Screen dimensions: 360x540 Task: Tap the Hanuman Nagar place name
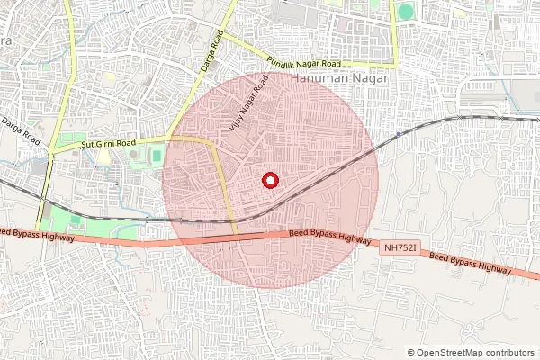(x=340, y=79)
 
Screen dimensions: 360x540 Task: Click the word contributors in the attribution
(x=511, y=352)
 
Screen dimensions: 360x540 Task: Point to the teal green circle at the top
(x=406, y=12)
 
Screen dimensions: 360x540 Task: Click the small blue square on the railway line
(x=397, y=134)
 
